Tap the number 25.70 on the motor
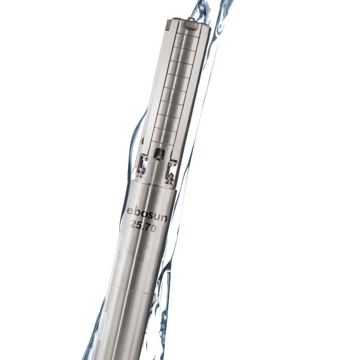coord(143,227)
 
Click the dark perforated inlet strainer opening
coord(159,153)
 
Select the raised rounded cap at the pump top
coord(191,25)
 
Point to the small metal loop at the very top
coord(191,19)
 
